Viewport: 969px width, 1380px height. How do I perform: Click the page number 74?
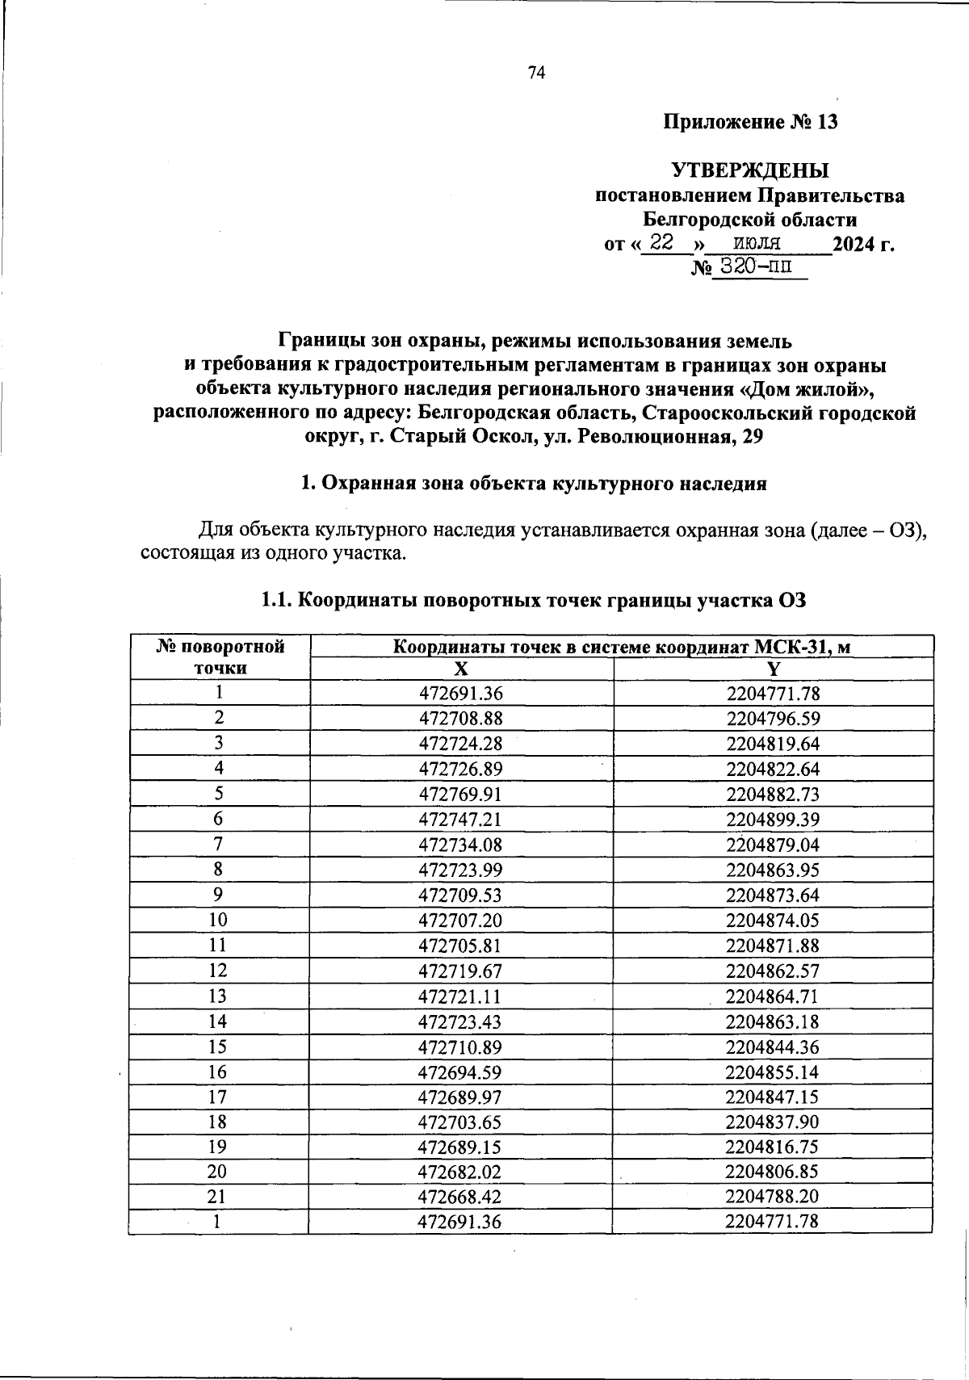pos(536,73)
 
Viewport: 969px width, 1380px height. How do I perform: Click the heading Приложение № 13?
pos(750,122)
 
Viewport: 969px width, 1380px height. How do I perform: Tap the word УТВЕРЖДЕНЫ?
pos(750,171)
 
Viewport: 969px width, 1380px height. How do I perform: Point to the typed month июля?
pos(757,242)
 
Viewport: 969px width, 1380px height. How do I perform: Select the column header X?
pos(460,669)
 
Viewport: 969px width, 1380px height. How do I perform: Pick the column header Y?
pos(773,669)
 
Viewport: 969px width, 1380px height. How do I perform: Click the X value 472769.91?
pos(460,794)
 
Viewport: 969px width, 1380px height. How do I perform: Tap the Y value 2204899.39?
pos(773,820)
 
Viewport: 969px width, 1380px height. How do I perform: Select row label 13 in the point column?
pos(217,996)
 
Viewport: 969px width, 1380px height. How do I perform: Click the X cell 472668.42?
pos(460,1197)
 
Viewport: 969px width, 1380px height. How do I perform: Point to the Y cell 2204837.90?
pos(772,1122)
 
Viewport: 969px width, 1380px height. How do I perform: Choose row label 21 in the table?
pos(217,1196)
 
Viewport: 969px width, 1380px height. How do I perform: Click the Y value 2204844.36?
pos(772,1047)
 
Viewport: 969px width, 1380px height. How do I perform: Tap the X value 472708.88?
pos(460,719)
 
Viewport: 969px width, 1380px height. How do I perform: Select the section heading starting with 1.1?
pos(533,600)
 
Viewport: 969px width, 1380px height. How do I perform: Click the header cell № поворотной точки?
pos(220,656)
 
